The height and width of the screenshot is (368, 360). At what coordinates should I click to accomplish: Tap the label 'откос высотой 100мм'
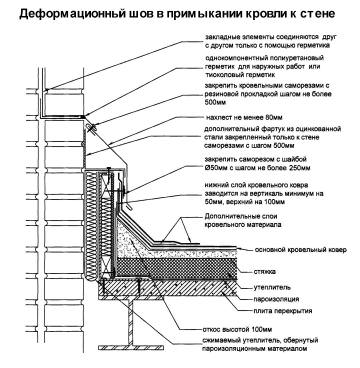pyautogui.click(x=237, y=330)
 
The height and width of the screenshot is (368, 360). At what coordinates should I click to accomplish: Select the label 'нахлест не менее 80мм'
pyautogui.click(x=242, y=118)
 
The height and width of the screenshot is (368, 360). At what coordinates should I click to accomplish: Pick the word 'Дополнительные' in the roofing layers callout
pyautogui.click(x=230, y=216)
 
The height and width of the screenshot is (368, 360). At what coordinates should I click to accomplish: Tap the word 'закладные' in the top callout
pyautogui.click(x=220, y=36)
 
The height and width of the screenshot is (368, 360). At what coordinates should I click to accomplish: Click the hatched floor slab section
pyautogui.click(x=167, y=288)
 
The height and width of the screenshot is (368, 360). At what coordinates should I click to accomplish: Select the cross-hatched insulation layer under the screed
pyautogui.click(x=177, y=268)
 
